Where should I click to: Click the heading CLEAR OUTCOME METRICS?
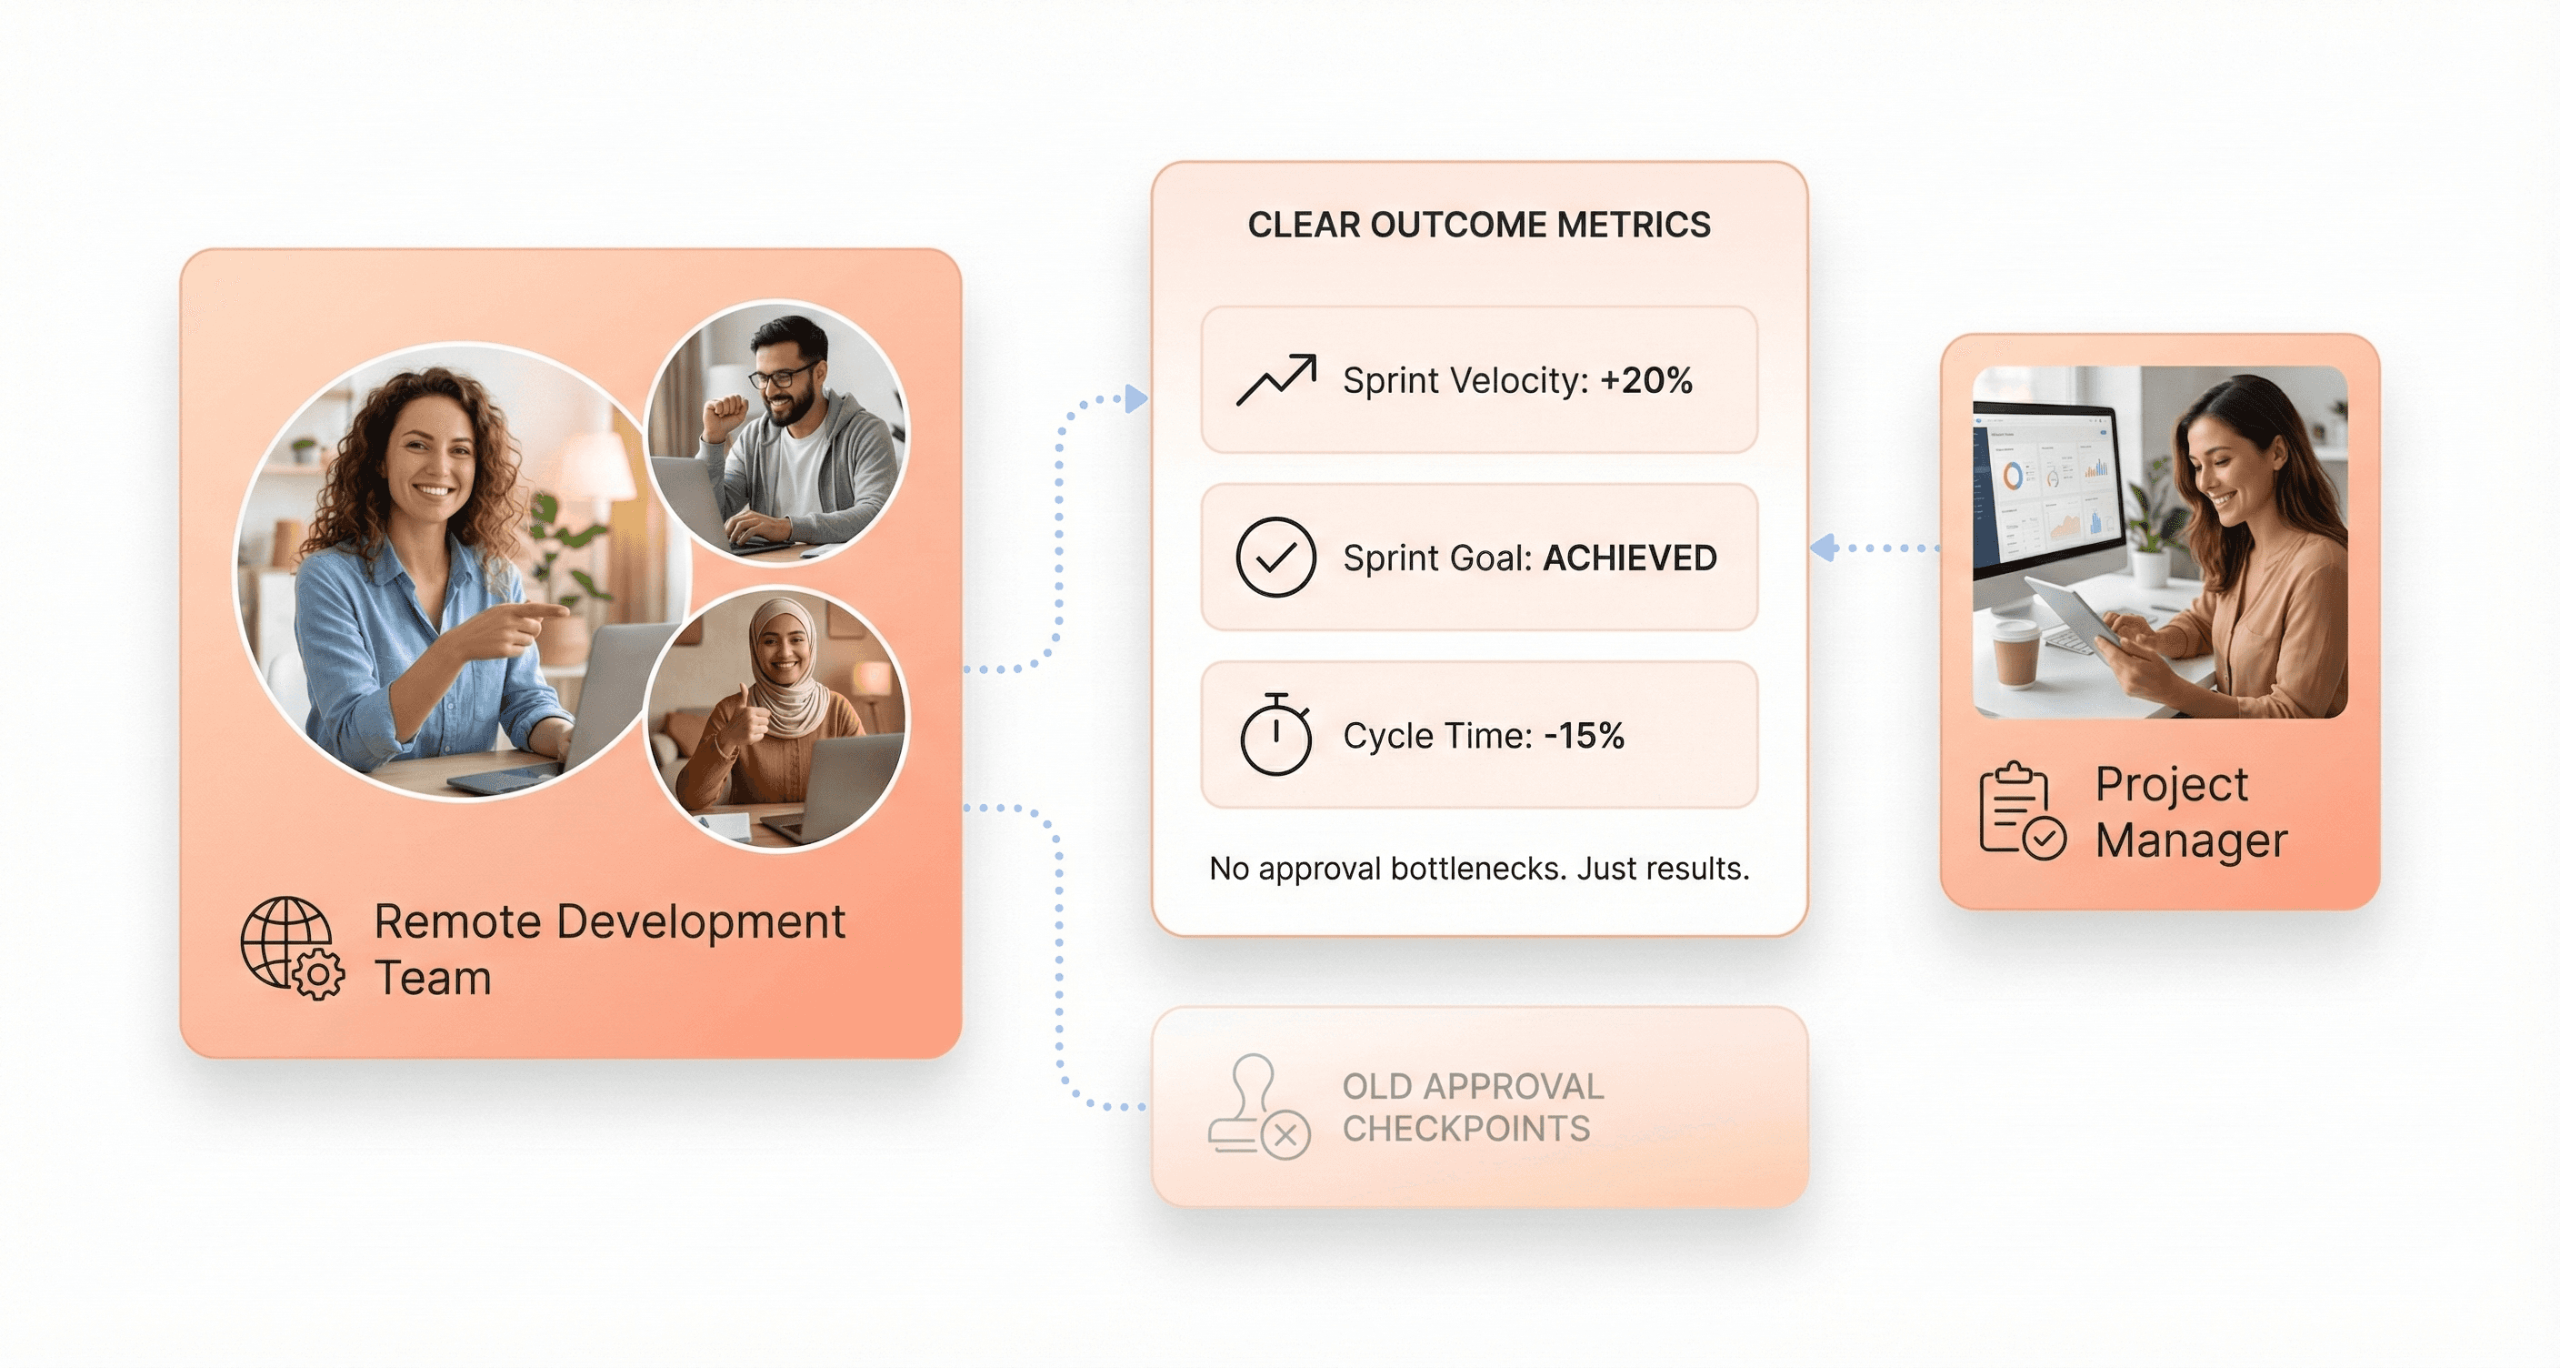1479,225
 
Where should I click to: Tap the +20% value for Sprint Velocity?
1645,381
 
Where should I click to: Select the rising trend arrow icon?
1276,380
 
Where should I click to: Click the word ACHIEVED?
1629,558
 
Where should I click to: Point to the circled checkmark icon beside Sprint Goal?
1276,558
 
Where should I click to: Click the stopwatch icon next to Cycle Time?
1276,735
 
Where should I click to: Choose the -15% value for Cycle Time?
1585,736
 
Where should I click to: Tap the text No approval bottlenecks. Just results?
1479,869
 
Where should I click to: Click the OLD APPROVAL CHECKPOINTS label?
1473,1108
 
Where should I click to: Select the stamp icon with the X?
1258,1108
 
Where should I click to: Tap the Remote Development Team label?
608,949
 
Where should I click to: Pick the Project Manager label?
2190,812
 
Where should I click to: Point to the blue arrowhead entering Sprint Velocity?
1135,399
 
